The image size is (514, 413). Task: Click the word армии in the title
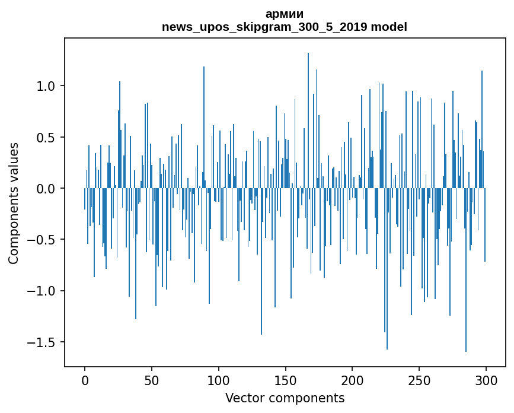tap(285, 14)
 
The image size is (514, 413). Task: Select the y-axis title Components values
tap(14, 203)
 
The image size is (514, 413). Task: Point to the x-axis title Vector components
tap(285, 398)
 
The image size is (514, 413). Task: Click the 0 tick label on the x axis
tap(85, 379)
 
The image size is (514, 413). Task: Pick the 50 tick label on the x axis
tap(152, 379)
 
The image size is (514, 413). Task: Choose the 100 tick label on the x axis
tap(219, 379)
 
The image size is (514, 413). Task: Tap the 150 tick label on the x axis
tap(285, 379)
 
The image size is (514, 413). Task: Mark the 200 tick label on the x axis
tap(352, 379)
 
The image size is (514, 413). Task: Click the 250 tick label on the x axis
tap(419, 379)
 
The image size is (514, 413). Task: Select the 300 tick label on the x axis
tap(486, 379)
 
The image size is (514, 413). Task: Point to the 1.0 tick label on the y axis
tap(47, 86)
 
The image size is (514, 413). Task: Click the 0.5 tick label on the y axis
tap(47, 137)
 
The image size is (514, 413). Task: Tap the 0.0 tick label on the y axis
tap(47, 189)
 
